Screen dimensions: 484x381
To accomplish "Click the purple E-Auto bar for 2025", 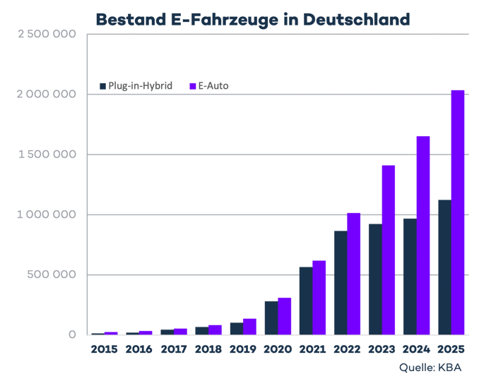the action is click(x=458, y=212).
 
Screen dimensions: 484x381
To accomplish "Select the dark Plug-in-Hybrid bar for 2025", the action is click(x=445, y=267).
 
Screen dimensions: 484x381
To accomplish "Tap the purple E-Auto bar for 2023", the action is click(x=389, y=250).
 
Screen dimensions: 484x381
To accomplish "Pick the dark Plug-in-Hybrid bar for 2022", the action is click(x=341, y=283).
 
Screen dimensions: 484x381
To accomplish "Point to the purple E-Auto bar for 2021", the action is click(x=319, y=298).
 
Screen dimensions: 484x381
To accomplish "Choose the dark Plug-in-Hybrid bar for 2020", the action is click(x=271, y=317).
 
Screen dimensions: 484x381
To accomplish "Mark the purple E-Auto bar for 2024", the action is click(x=423, y=236).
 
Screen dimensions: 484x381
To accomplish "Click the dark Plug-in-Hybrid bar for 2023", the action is click(x=375, y=279).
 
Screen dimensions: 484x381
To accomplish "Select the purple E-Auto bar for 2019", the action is click(x=249, y=327).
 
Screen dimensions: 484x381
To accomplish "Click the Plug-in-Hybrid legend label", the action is click(x=140, y=86).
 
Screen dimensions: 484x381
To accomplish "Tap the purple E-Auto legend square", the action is click(x=193, y=86).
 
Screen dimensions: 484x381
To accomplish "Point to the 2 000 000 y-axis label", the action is click(x=47, y=94).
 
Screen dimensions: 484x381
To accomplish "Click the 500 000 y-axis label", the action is click(x=52, y=274).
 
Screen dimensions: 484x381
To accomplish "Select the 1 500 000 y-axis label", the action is click(x=47, y=154).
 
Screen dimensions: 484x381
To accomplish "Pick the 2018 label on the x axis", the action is click(x=208, y=349).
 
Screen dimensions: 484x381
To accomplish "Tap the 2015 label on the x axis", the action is click(x=105, y=349).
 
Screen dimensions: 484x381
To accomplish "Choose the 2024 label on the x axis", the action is click(x=416, y=349).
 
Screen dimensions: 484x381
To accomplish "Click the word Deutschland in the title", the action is click(x=357, y=20).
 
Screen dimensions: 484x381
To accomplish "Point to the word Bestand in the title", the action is click(x=131, y=20).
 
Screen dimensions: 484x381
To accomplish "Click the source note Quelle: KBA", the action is click(x=430, y=368).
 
